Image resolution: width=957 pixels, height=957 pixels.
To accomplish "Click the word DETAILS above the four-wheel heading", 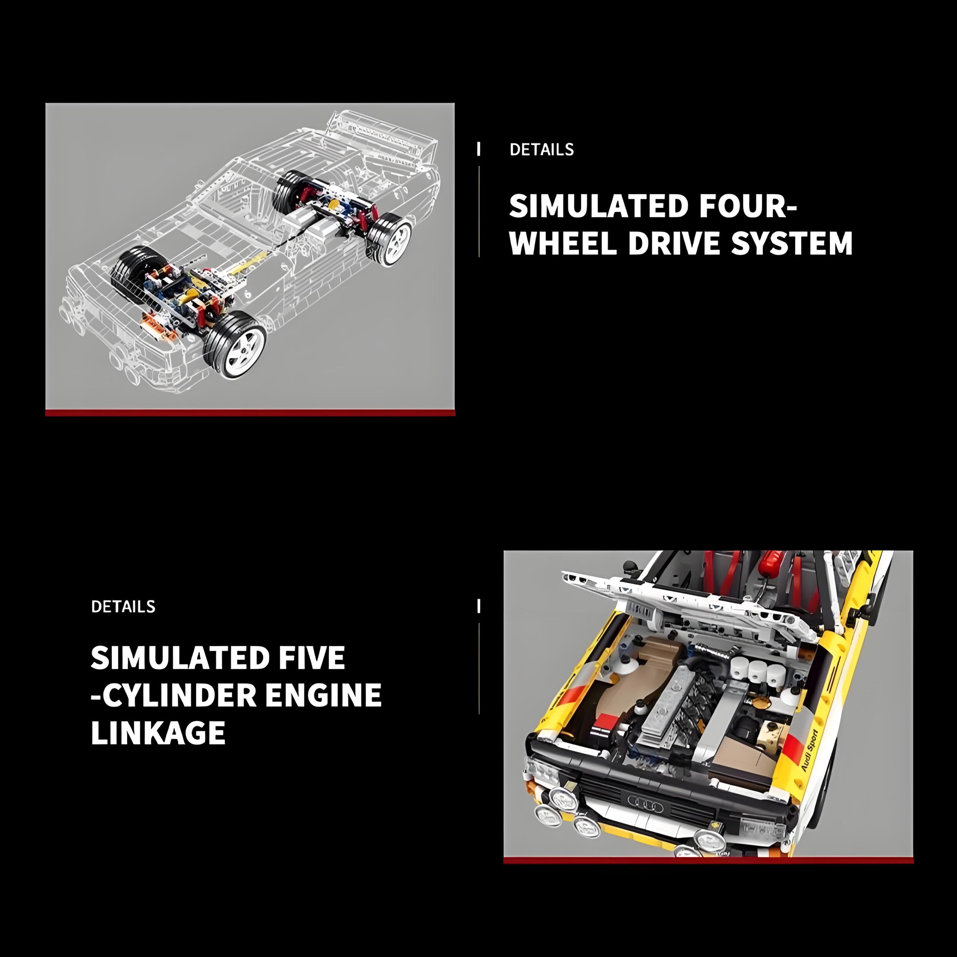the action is (541, 149).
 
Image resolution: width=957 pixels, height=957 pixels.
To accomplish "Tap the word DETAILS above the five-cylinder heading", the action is (123, 606).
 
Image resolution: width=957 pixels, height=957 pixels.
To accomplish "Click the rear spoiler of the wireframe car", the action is (381, 131).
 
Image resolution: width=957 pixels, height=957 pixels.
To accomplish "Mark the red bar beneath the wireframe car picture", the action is (250, 413).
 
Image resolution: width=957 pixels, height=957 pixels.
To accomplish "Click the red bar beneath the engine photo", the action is (708, 861).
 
